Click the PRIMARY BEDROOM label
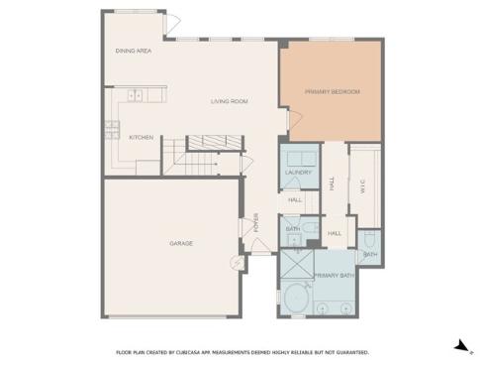pos(332,92)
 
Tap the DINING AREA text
pos(133,50)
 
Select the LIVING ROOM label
pos(229,101)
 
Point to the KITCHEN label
pos(141,137)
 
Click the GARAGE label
pos(180,243)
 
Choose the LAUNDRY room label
pos(298,173)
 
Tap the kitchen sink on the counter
pos(135,95)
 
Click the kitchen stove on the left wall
pos(111,126)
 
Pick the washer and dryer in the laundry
pos(299,157)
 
